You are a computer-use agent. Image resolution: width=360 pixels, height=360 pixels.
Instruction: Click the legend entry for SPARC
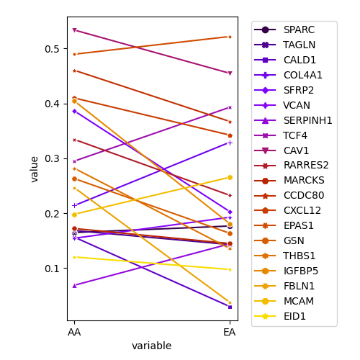tap(284, 30)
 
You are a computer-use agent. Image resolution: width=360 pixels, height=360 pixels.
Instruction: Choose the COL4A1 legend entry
tap(288, 75)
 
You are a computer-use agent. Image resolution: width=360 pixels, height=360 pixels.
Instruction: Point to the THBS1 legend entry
tap(284, 256)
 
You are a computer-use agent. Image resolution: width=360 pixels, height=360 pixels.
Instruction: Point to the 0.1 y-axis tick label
tap(52, 269)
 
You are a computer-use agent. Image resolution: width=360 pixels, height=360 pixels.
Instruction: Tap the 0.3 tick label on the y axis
tap(52, 158)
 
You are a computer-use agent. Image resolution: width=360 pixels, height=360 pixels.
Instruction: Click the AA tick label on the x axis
tap(74, 332)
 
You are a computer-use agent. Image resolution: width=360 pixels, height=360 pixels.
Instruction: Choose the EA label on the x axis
tap(230, 332)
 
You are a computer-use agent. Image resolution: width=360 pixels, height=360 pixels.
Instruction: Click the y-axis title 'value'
tap(35, 169)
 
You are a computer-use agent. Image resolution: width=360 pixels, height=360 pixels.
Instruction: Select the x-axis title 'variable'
tap(152, 346)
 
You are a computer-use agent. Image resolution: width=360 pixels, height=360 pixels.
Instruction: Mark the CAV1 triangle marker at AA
tap(74, 30)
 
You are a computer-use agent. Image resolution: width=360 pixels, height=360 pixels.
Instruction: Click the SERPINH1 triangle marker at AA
tap(74, 286)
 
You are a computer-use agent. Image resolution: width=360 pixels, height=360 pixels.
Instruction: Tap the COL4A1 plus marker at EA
tap(230, 143)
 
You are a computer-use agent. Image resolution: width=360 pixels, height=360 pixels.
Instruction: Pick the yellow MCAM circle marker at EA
tap(230, 178)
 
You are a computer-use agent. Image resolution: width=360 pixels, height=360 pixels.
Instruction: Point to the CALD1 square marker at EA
tap(230, 307)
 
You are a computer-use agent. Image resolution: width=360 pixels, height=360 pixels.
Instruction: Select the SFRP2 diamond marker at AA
tap(74, 112)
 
